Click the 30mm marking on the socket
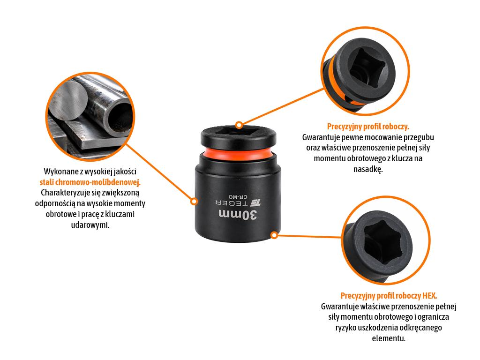click(x=238, y=215)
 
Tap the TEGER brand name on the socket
click(x=232, y=202)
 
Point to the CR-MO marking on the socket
click(x=238, y=196)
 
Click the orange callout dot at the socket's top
click(x=239, y=125)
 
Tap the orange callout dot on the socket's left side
click(x=194, y=201)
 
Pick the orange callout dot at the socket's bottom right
click(x=274, y=235)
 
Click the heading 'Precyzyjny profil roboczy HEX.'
click(x=389, y=296)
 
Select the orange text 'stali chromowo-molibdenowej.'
click(x=90, y=182)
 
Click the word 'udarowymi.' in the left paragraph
click(x=90, y=225)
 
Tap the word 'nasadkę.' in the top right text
click(x=368, y=169)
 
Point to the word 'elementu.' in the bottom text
click(x=389, y=338)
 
